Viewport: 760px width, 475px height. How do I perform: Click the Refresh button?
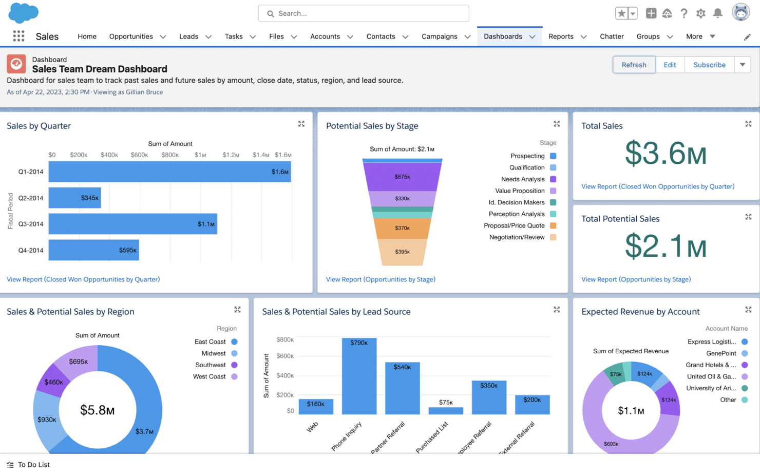click(634, 65)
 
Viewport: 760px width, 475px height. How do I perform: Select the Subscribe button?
click(709, 65)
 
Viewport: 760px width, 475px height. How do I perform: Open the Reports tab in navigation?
click(561, 36)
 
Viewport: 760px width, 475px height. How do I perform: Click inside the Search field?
click(363, 13)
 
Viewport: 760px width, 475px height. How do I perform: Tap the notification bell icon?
click(718, 13)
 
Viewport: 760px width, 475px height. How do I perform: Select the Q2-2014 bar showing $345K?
click(74, 198)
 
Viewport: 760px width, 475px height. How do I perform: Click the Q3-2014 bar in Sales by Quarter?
click(132, 224)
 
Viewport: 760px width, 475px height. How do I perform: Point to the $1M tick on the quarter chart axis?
click(200, 155)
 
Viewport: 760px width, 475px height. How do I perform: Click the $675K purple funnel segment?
click(402, 177)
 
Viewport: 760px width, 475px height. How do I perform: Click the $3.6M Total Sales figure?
click(666, 154)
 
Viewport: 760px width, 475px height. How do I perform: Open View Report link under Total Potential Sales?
click(636, 279)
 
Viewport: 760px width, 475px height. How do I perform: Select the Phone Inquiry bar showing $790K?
click(359, 376)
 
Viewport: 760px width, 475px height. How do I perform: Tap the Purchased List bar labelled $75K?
click(446, 410)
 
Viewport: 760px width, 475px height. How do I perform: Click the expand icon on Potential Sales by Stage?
click(557, 124)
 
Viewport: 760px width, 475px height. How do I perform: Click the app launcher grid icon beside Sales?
click(18, 36)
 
